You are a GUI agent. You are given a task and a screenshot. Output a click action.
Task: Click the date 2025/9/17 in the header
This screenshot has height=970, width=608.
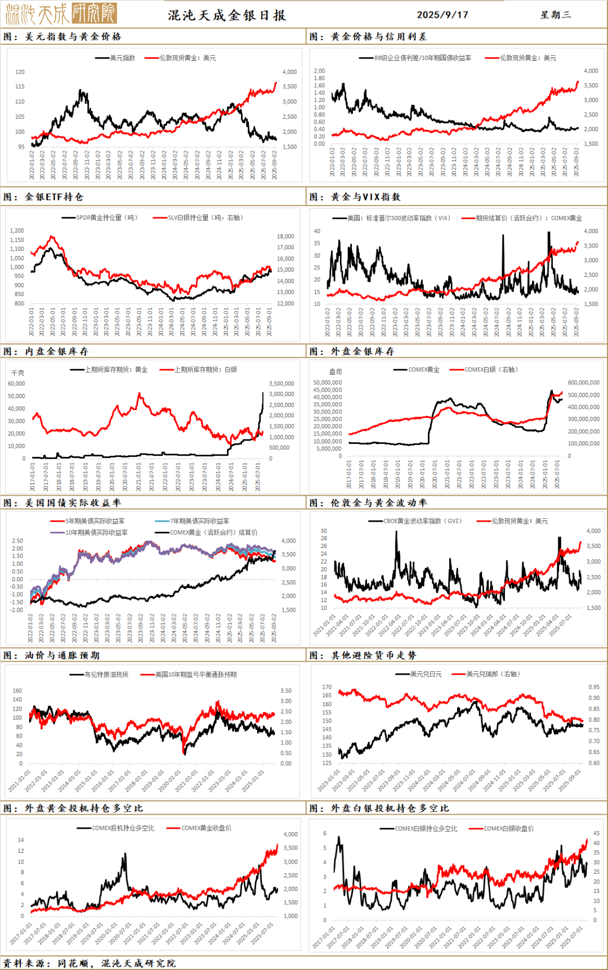coord(442,15)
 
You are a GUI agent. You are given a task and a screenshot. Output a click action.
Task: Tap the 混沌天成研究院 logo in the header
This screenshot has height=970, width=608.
coord(61,14)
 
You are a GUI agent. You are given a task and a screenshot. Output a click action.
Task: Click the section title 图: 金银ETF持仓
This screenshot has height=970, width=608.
coord(43,197)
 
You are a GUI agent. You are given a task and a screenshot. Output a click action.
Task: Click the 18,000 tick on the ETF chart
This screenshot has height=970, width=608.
coord(285,236)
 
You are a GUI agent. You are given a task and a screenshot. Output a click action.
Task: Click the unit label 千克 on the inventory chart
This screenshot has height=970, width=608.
coord(18,372)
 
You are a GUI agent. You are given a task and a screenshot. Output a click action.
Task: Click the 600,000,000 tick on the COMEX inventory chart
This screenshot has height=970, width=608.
coord(583,383)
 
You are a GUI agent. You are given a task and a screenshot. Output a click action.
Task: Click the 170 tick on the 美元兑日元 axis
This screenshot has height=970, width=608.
coord(327,687)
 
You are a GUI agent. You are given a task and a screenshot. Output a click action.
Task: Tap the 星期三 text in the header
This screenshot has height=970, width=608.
coord(556,15)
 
